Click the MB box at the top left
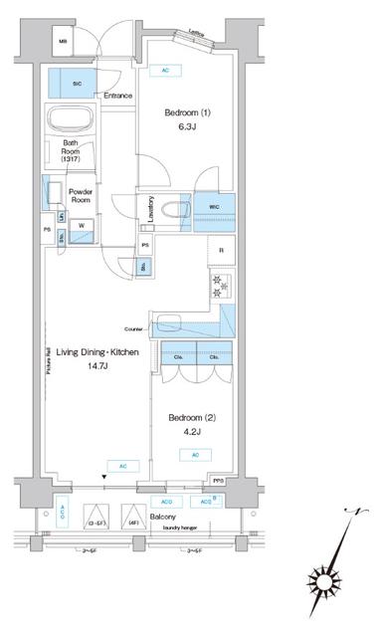[x=63, y=42]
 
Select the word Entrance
[x=117, y=97]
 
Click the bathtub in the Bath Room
[x=70, y=124]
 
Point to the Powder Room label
[x=82, y=196]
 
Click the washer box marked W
[x=81, y=224]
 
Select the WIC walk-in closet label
[x=215, y=207]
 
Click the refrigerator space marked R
[x=220, y=250]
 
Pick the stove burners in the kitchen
[x=221, y=286]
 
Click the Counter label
[x=135, y=327]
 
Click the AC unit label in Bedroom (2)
[x=195, y=453]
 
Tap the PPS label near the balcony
[x=218, y=483]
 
